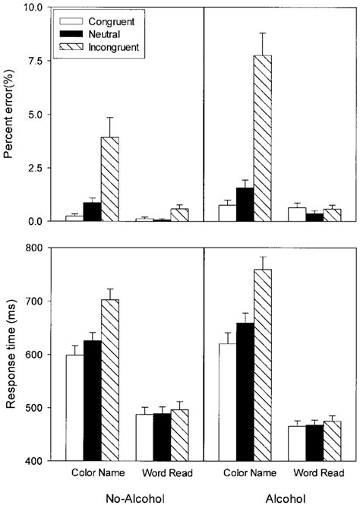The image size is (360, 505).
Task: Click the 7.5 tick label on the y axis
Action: click(x=33, y=61)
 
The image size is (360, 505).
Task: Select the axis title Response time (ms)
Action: click(x=10, y=355)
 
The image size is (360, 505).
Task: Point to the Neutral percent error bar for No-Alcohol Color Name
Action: click(x=92, y=212)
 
